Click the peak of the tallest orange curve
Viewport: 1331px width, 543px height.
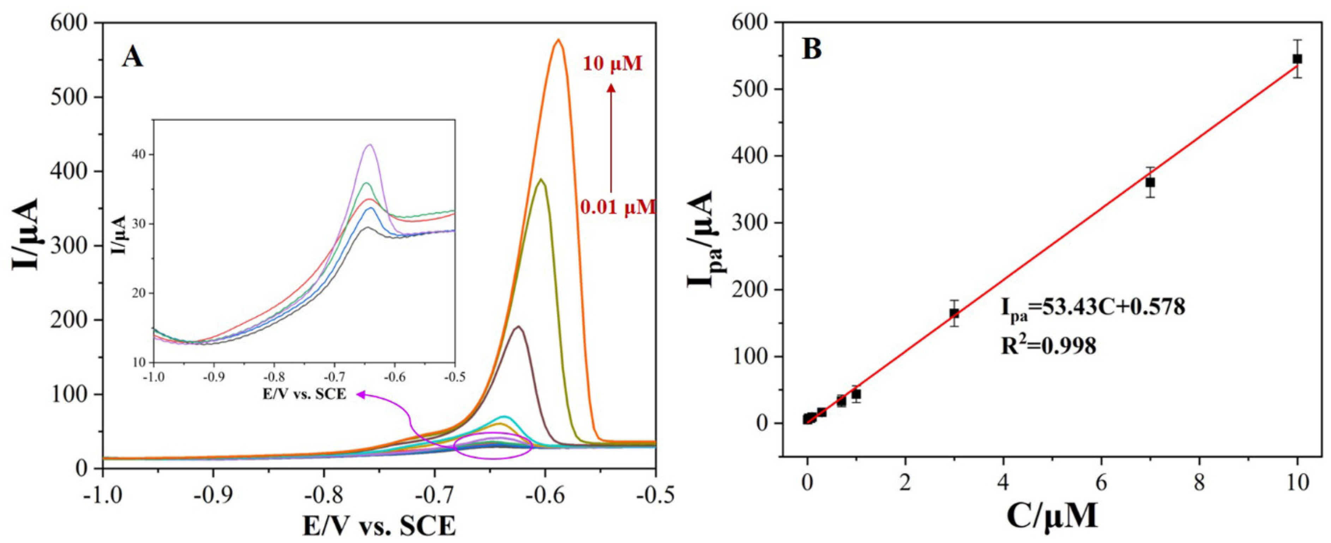(x=558, y=40)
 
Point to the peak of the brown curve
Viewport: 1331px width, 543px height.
(x=519, y=326)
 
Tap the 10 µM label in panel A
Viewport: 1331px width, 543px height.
(x=613, y=79)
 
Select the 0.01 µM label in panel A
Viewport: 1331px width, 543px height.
(x=618, y=208)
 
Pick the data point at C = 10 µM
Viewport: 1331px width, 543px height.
(x=1297, y=73)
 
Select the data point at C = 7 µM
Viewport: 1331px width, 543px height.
(x=1150, y=183)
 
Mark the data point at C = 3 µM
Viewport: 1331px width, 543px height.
(x=954, y=314)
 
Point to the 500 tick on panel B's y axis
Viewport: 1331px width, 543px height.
(x=760, y=89)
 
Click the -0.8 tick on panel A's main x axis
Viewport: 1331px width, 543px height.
(x=324, y=496)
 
